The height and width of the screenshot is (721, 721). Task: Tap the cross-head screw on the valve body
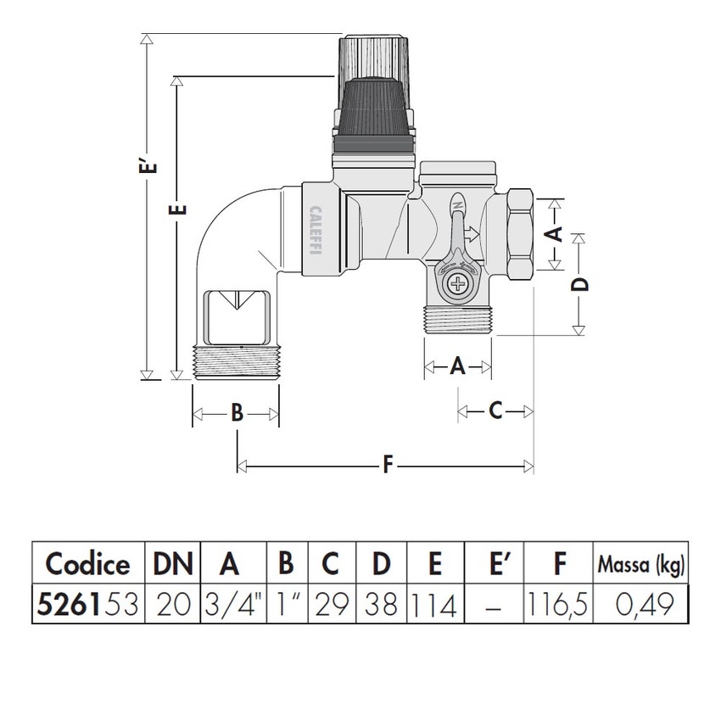tap(458, 283)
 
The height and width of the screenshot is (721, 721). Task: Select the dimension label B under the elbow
tap(238, 414)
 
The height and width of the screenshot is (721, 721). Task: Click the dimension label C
tap(496, 411)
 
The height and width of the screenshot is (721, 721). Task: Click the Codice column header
tap(87, 563)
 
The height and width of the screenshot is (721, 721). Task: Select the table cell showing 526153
tap(87, 605)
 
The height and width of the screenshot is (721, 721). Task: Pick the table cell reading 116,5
tap(557, 605)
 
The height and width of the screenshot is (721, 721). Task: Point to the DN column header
tap(173, 563)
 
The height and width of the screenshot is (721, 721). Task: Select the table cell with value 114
tap(435, 605)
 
